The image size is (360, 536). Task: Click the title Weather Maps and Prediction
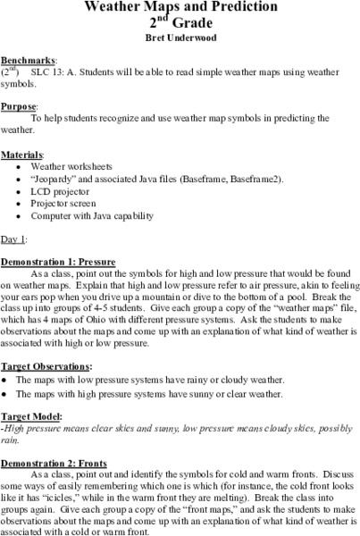point(180,7)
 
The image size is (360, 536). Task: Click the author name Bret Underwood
point(180,38)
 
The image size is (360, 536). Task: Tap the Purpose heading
point(21,105)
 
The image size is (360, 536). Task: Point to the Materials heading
point(24,154)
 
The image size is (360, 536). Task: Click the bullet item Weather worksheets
point(71,166)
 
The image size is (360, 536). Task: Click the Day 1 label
point(14,239)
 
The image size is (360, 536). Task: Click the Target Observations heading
point(46,366)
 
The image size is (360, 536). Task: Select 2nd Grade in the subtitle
point(180,23)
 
